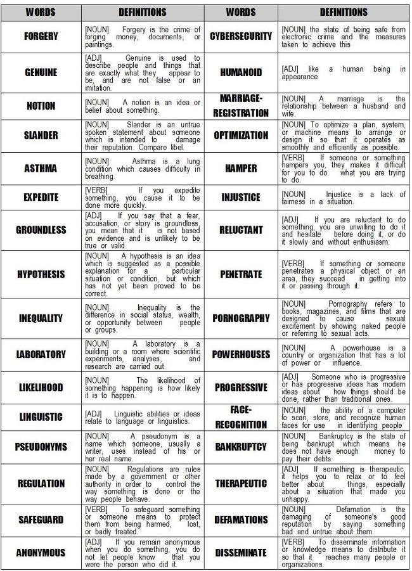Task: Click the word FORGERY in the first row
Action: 41,37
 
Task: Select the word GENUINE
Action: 41,72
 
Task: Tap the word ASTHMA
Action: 41,169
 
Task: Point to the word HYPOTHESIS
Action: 41,275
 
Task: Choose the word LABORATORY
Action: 41,355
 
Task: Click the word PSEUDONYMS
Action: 41,447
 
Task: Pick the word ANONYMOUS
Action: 41,553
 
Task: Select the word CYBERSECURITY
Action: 241,37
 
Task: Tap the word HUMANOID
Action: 241,72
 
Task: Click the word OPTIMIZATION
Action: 241,136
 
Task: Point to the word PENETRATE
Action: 241,275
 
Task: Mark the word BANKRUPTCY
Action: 241,447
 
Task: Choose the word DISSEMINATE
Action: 241,553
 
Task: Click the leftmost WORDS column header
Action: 41,12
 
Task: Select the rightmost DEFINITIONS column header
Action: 344,12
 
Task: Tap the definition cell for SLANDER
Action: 143,136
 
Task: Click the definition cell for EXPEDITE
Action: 143,197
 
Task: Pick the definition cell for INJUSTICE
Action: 344,197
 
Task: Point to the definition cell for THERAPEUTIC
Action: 344,483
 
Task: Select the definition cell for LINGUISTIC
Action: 143,418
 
